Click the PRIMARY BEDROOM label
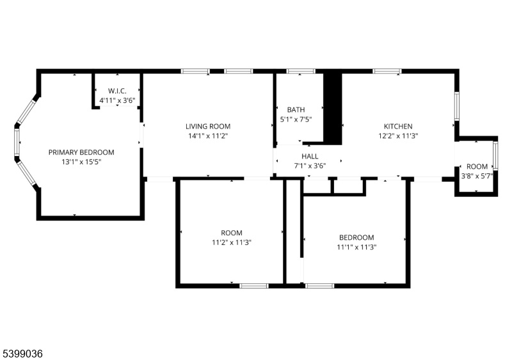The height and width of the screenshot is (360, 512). [81, 152]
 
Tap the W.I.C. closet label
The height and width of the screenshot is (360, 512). [117, 91]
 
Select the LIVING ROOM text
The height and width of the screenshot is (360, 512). [208, 127]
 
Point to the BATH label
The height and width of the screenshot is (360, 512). [296, 110]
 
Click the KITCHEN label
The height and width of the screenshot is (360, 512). [398, 127]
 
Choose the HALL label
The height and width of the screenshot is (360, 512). [310, 156]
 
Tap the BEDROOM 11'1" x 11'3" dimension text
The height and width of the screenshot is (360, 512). [356, 247]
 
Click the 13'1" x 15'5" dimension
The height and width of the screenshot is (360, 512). [81, 162]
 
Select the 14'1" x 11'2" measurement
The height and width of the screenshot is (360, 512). [208, 136]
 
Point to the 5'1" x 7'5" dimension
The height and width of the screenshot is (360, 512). [296, 119]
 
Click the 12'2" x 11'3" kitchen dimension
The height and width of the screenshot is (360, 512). [398, 136]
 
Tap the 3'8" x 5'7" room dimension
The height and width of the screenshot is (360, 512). [477, 176]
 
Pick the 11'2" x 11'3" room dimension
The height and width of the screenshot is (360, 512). [232, 242]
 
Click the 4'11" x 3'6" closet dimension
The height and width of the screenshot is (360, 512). [117, 100]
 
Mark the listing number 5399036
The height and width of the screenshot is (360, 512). [23, 354]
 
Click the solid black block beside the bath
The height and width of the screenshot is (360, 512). [333, 108]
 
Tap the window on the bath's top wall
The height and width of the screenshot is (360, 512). [301, 71]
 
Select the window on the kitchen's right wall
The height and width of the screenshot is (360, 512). [457, 106]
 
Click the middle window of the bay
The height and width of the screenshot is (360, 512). [17, 142]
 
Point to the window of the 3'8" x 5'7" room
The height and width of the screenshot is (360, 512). [495, 155]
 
